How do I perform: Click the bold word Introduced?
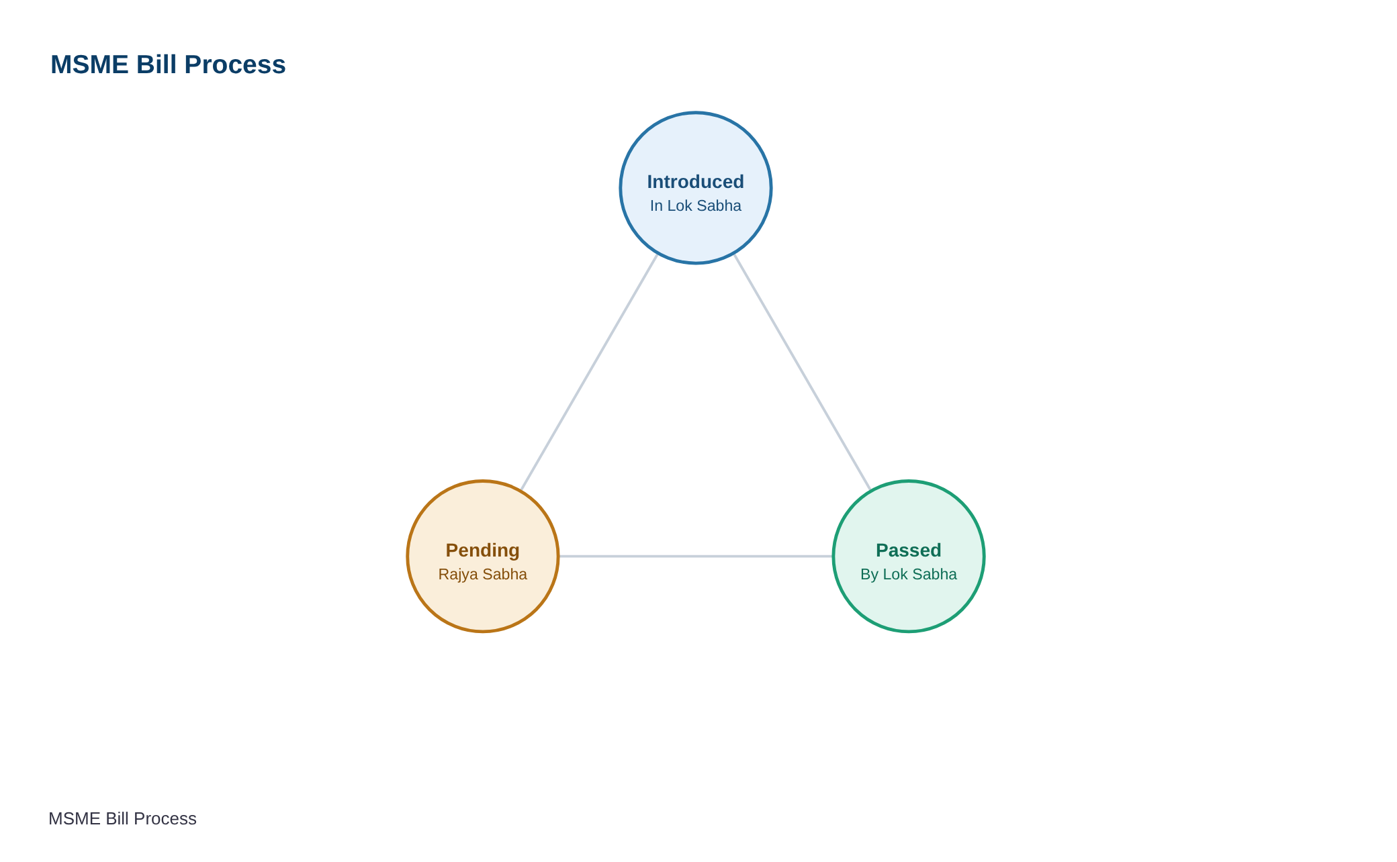[696, 182]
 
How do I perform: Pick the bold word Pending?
[483, 550]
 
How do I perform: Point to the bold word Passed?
[909, 550]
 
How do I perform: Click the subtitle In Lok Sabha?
[696, 205]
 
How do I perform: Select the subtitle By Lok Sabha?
[909, 574]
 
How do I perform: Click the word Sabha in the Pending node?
[504, 574]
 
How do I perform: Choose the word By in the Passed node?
[869, 575]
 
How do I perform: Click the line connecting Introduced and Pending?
[589, 373]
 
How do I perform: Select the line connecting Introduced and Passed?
[803, 373]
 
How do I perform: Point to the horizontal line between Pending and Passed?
[696, 557]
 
